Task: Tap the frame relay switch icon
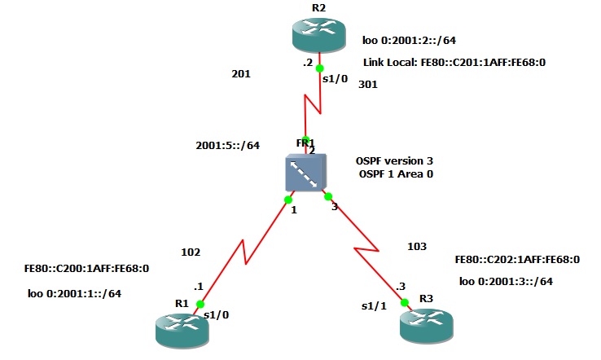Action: point(306,173)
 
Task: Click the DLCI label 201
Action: point(241,74)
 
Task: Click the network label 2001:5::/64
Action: point(228,146)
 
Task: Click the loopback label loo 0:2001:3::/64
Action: point(506,281)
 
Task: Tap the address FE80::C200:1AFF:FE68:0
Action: point(86,267)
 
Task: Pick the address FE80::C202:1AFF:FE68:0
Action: point(517,260)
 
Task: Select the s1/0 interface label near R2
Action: point(336,78)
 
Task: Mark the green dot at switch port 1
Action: point(288,199)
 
